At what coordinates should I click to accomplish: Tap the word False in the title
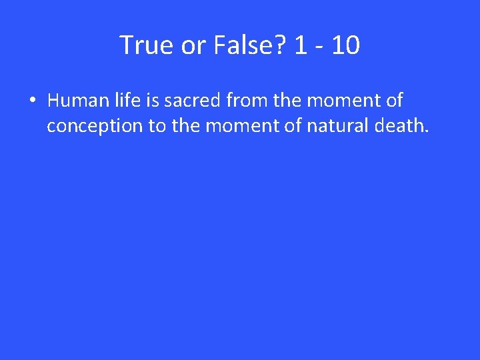239,45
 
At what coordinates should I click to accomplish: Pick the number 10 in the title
345,45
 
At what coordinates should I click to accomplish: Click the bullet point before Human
32,101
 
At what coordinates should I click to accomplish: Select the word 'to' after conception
157,126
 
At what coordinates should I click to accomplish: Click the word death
399,126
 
